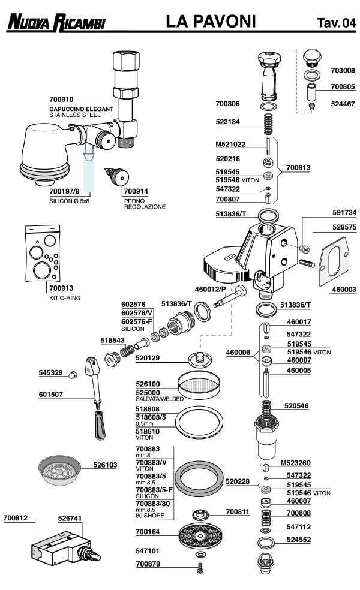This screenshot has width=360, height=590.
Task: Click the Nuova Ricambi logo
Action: [56, 23]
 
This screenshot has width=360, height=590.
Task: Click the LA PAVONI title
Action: [211, 22]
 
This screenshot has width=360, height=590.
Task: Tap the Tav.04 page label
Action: [336, 23]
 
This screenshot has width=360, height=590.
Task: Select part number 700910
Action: [61, 99]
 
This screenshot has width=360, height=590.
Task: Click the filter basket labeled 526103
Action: [59, 469]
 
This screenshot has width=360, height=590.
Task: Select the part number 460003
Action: [344, 289]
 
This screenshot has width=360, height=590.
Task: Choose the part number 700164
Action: [148, 531]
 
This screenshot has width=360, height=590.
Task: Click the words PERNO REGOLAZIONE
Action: [145, 203]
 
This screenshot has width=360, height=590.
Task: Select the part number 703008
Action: [344, 70]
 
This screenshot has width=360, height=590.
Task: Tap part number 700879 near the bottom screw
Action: [148, 564]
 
